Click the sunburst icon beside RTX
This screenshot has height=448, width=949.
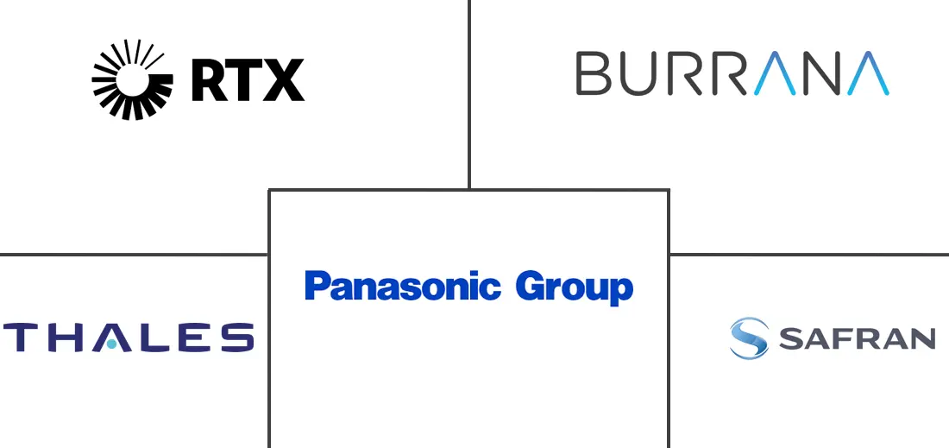click(x=133, y=80)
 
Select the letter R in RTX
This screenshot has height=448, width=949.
click(x=209, y=80)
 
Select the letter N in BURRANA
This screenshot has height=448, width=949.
click(x=824, y=73)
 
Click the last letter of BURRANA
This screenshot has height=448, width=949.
click(x=867, y=73)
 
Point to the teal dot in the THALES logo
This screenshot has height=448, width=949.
click(x=111, y=344)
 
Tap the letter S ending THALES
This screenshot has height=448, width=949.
click(x=237, y=338)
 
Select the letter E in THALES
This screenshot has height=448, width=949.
click(x=195, y=338)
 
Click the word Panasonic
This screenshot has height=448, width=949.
click(x=403, y=287)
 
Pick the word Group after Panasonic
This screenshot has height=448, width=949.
click(x=575, y=288)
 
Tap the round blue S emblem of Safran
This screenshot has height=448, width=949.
click(x=749, y=338)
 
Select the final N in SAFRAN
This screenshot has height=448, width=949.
click(x=924, y=338)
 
